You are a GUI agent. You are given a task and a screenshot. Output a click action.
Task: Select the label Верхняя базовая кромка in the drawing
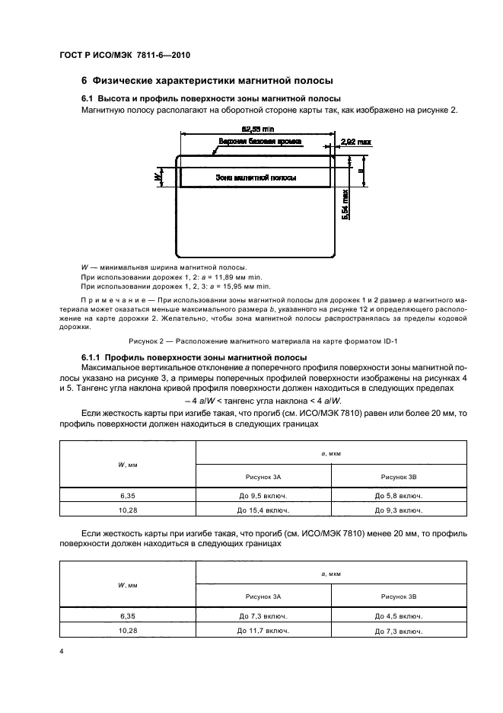pos(259,142)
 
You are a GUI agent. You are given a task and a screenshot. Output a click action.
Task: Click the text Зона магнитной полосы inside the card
pos(256,177)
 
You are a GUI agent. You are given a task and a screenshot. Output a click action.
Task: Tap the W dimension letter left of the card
pos(158,177)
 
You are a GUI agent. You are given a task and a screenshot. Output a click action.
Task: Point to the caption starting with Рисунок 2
pos(251,341)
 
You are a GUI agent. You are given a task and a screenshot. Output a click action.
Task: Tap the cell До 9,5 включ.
pos(263,495)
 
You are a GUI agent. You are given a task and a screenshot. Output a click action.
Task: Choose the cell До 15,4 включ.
pos(263,510)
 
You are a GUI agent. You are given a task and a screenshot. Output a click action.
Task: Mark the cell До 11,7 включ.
pos(263,631)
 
